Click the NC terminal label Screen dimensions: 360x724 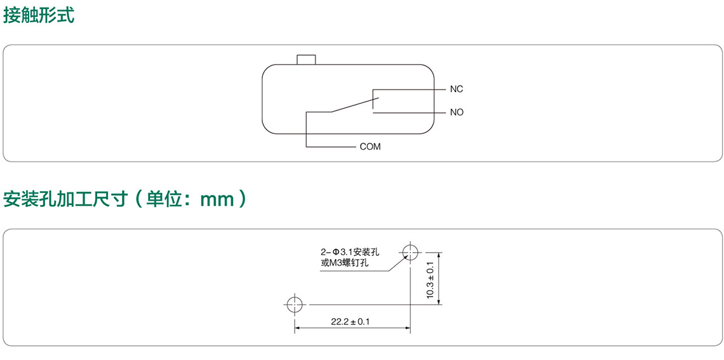coord(456,90)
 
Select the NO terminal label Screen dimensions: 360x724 coord(457,112)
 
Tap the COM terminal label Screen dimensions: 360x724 coord(370,147)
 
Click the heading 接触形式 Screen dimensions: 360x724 coord(39,15)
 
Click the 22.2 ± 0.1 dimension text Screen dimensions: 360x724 coord(350,322)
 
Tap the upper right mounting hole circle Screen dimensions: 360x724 coord(410,252)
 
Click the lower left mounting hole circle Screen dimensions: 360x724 coord(294,305)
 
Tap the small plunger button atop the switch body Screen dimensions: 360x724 coord(306,59)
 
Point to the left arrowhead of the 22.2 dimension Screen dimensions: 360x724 coord(297,328)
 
